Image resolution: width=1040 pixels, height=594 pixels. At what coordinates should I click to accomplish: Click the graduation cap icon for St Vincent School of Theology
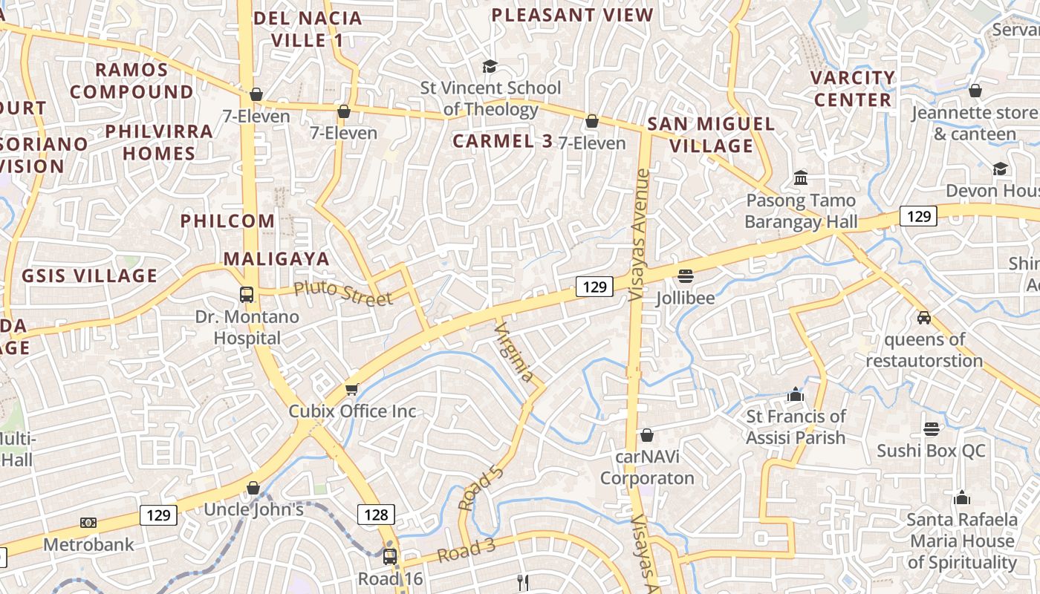(489, 67)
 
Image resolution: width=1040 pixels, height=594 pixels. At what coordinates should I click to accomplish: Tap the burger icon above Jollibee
(685, 276)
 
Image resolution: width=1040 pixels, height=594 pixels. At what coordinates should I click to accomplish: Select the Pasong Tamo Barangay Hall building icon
(801, 178)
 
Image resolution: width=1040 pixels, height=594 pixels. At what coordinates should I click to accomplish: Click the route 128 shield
(376, 514)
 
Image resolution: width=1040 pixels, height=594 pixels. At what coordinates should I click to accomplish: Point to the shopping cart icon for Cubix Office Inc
(352, 389)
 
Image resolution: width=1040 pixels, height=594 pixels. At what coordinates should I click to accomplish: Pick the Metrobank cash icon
(88, 523)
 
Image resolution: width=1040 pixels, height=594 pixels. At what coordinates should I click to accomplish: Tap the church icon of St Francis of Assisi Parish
(796, 394)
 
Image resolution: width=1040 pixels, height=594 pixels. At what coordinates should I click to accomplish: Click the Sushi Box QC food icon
(931, 428)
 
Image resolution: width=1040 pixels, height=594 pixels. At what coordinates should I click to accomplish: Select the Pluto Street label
(342, 293)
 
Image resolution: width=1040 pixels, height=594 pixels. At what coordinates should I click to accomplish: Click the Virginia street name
(514, 352)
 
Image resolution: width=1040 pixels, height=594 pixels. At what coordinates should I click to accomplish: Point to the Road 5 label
(481, 488)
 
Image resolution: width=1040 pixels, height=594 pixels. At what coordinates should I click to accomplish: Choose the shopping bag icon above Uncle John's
(253, 488)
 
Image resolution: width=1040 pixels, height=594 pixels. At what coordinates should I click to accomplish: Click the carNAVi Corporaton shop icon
(647, 435)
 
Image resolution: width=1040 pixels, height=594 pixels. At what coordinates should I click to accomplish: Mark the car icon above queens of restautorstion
(924, 317)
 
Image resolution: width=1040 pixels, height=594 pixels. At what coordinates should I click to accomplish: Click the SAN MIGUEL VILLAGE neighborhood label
(711, 134)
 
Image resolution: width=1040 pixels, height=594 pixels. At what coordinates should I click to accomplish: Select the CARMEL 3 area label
(502, 141)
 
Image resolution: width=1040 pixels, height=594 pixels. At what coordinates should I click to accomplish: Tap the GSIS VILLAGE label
(89, 275)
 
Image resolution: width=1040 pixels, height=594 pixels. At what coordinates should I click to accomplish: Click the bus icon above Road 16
(390, 556)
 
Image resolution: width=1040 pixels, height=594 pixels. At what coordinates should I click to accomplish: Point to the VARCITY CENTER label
(852, 88)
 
